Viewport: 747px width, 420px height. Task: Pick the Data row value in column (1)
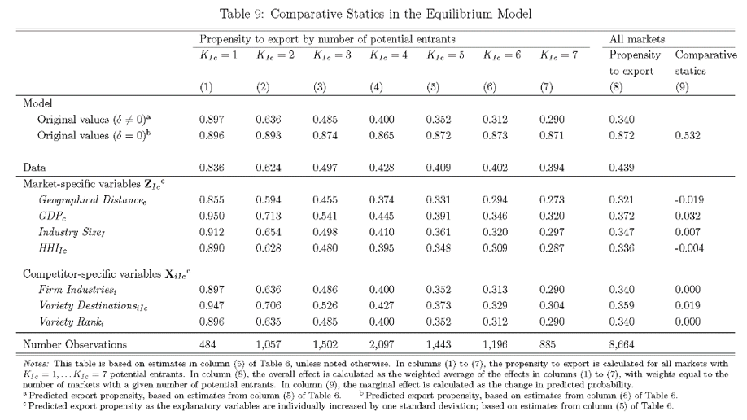[212, 166]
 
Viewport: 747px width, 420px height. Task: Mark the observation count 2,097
[382, 345]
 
